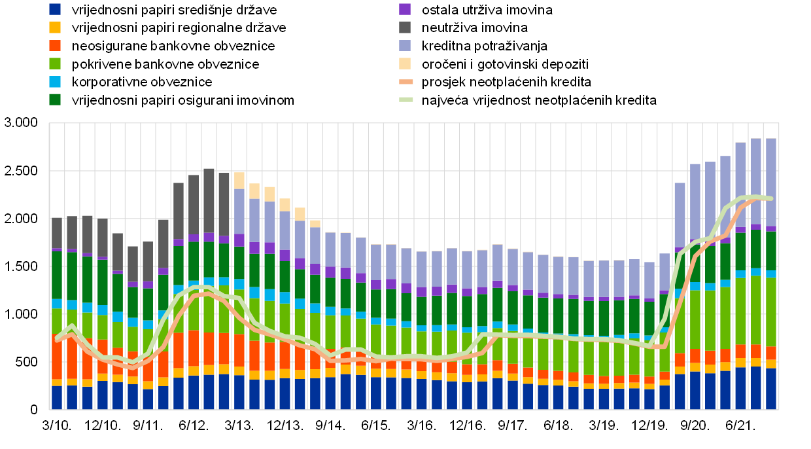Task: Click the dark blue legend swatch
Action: point(55,9)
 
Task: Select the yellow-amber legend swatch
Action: point(55,27)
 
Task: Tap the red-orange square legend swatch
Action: point(55,45)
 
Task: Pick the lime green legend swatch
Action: point(55,63)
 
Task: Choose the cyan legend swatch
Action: point(55,82)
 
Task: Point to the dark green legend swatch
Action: point(55,99)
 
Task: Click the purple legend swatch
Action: point(405,9)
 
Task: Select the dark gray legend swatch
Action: point(405,27)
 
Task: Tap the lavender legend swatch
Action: point(405,45)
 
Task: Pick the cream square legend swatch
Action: point(405,63)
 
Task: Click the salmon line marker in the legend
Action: point(406,82)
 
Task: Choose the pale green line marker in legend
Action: point(406,99)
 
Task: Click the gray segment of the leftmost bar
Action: point(57,233)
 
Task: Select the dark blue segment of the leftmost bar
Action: point(57,397)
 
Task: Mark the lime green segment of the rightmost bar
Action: point(771,312)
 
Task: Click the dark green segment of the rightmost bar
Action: point(771,251)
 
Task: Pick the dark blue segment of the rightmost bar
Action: point(771,389)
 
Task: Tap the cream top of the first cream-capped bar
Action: point(239,181)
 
